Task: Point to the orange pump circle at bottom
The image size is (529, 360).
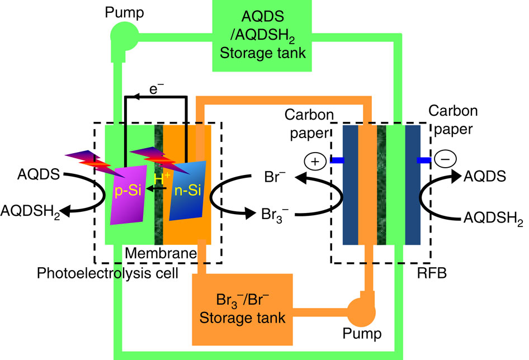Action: pos(361,311)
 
